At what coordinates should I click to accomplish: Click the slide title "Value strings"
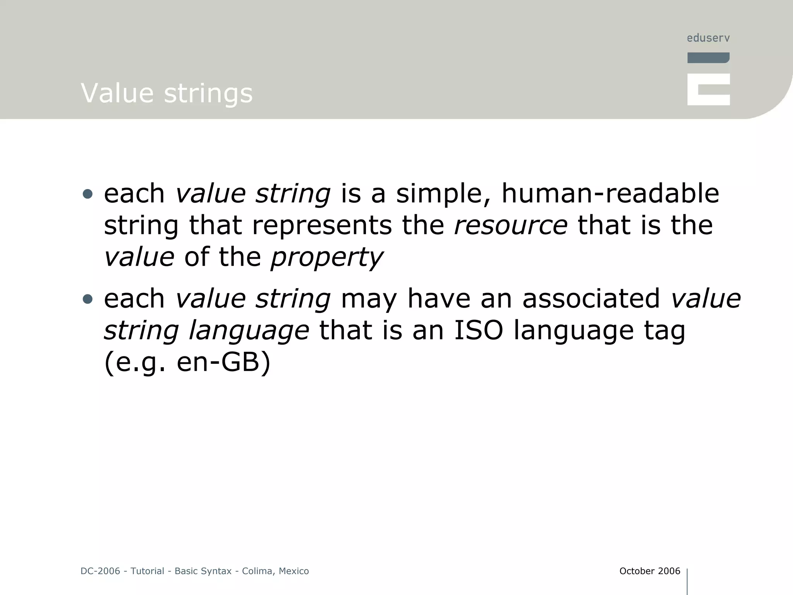coord(166,93)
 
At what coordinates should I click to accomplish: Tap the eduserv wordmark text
coord(708,38)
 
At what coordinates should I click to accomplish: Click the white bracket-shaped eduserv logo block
coord(708,89)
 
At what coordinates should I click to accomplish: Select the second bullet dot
coord(88,299)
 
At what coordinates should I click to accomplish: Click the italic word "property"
coord(326,257)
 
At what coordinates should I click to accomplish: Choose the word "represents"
coord(322,225)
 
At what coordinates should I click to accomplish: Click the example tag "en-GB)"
coord(223,362)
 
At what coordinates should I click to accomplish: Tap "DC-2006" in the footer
coord(100,571)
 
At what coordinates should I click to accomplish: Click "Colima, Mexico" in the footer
coord(275,571)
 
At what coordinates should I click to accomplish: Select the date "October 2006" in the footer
coord(650,571)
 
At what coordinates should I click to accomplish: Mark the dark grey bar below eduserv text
coord(708,58)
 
